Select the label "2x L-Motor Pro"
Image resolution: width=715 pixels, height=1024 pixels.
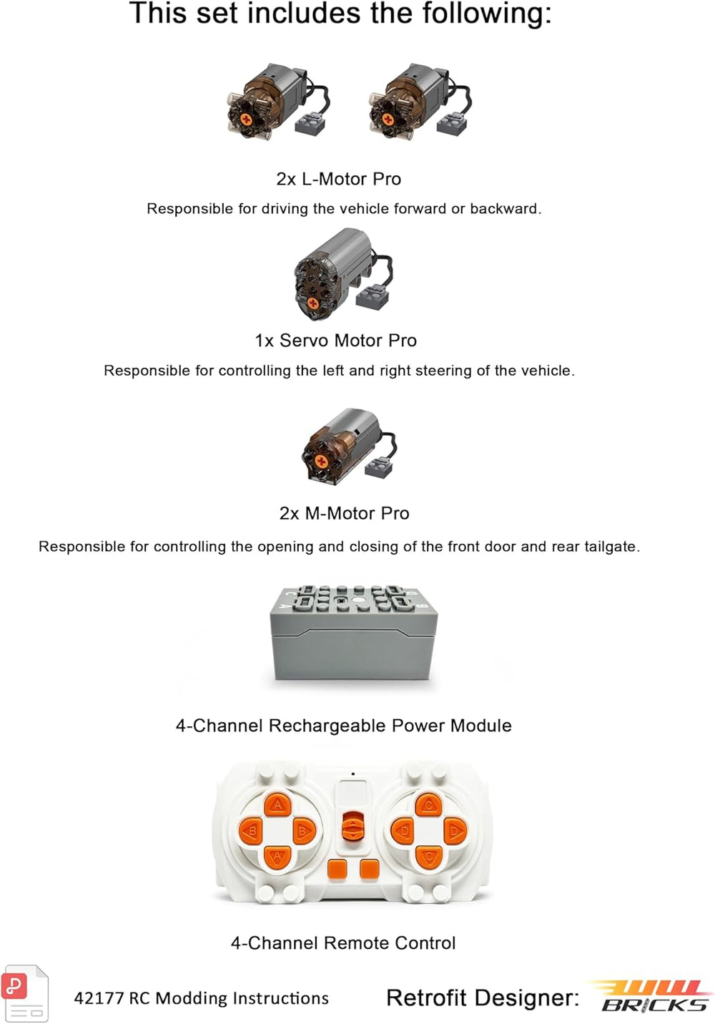[338, 179]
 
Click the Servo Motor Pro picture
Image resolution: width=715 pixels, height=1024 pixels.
[343, 275]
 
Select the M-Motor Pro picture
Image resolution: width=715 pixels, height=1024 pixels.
[349, 447]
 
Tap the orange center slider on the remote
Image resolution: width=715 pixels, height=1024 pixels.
[352, 827]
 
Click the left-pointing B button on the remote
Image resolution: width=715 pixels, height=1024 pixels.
[251, 830]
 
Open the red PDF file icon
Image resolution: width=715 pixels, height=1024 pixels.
[25, 993]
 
